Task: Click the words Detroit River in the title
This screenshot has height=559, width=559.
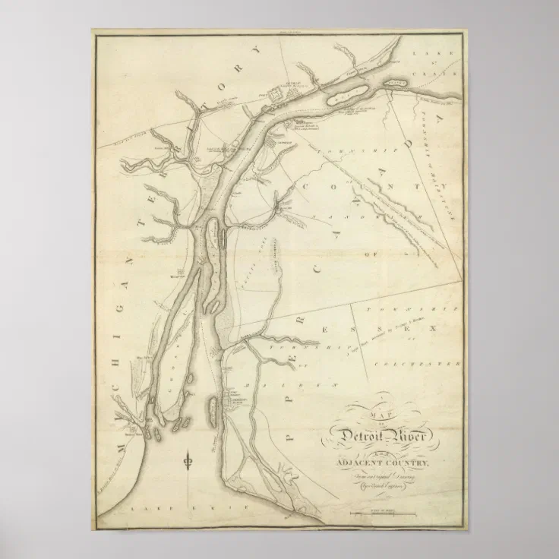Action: pyautogui.click(x=378, y=436)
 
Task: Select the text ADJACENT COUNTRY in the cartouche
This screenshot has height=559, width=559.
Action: pyautogui.click(x=378, y=463)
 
